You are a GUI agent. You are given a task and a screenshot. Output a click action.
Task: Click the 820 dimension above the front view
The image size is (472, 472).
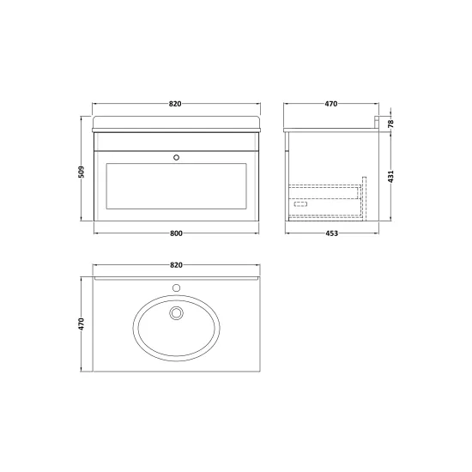tap(175, 104)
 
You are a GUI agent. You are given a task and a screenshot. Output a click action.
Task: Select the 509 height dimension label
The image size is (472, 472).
tap(82, 172)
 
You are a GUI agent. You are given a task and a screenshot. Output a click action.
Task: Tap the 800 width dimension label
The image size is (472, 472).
tap(176, 233)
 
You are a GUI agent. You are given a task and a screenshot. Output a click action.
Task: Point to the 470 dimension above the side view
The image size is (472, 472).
tap(331, 104)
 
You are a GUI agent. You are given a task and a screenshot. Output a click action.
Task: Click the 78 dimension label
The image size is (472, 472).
tap(390, 124)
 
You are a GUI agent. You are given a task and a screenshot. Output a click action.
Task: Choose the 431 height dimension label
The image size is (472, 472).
tap(390, 177)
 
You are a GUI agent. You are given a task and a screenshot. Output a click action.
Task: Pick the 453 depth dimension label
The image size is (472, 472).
tap(332, 233)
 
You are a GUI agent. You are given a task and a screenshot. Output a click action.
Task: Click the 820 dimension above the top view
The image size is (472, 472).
tap(176, 265)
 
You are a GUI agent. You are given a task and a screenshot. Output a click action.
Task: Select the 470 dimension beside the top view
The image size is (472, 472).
tap(82, 324)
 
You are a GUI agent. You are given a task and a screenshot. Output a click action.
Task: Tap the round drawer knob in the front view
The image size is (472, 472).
tap(177, 157)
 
